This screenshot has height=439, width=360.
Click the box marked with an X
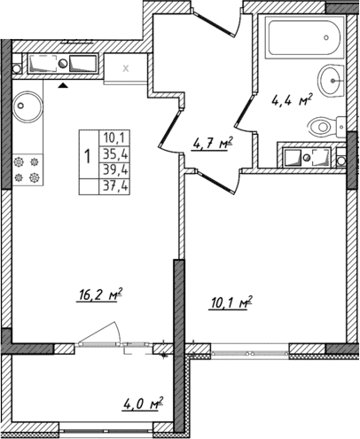(x=125, y=68)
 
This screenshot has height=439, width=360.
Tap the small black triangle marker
(x=64, y=87)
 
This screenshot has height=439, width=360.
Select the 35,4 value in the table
(x=114, y=154)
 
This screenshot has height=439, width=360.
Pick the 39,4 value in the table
(x=114, y=169)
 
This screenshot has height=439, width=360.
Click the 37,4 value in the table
(x=114, y=185)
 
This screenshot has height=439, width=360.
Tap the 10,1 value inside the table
(x=114, y=138)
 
